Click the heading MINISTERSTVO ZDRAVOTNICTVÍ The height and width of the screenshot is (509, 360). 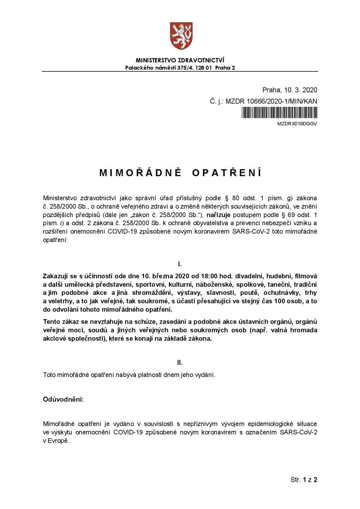(180, 61)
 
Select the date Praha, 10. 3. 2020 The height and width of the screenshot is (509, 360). (290, 90)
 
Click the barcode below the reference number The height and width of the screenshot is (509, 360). (279, 113)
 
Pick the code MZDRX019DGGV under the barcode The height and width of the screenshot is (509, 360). (297, 124)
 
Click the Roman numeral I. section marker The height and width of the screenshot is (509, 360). (180, 264)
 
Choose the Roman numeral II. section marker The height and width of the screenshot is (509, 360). (180, 363)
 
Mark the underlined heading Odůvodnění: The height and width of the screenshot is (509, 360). (63, 400)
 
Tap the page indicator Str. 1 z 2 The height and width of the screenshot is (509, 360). (304, 480)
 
